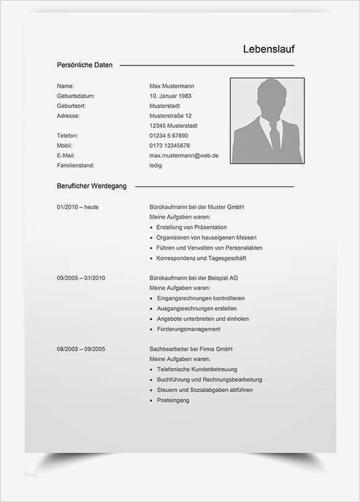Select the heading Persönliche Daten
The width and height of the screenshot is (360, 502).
point(85,65)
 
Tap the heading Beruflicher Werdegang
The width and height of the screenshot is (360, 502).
point(91,186)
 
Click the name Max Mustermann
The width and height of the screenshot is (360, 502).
point(172,86)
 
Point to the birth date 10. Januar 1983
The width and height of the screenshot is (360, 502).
point(170,96)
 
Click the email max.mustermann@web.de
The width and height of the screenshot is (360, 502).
point(184,156)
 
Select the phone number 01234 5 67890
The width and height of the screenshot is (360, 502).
point(169,135)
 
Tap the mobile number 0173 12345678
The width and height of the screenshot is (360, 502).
point(170,146)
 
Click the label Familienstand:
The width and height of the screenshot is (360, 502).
point(76,165)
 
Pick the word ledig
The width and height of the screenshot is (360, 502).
point(156,165)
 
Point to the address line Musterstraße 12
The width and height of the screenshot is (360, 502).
point(170,115)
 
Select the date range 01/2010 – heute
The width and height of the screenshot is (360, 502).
point(77,207)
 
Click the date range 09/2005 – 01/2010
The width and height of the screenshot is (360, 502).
point(81,278)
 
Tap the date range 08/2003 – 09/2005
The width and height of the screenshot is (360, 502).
point(81,349)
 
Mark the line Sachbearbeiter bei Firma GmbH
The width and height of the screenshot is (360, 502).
point(191,349)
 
